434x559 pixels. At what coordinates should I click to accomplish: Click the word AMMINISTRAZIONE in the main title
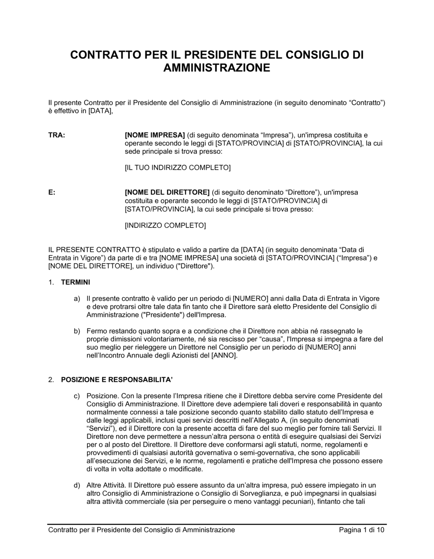217,68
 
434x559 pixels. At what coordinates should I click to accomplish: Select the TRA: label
56,135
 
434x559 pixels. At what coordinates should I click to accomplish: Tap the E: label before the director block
52,192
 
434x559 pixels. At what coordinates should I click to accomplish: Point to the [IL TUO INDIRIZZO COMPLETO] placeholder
178,168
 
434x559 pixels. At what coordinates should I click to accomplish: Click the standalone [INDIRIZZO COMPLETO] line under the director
165,225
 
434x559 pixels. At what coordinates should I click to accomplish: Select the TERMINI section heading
76,282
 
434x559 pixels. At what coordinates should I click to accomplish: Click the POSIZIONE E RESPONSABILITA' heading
117,380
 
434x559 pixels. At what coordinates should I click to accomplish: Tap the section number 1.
51,282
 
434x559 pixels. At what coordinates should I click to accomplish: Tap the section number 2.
51,380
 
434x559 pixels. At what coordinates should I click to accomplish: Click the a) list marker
77,299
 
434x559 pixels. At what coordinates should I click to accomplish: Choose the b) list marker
77,331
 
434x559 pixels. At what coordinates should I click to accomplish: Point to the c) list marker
77,396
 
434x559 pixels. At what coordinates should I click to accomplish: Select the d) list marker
77,485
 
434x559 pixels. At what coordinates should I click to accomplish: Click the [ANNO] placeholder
223,355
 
